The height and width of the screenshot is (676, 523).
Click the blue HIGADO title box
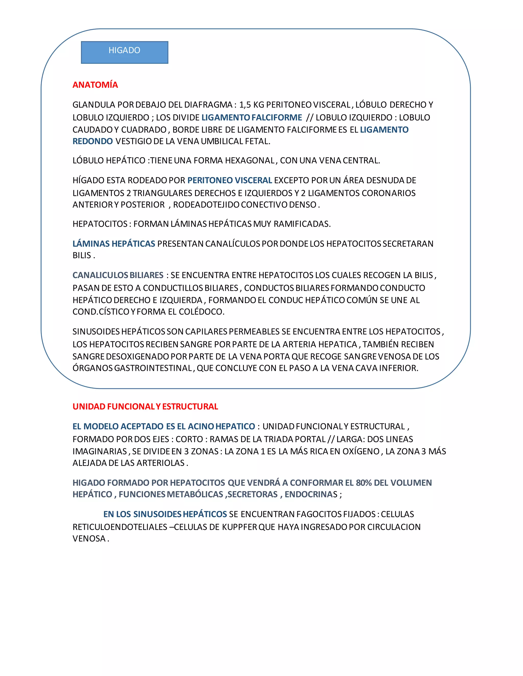click(125, 52)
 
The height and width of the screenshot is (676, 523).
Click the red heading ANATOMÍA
click(95, 85)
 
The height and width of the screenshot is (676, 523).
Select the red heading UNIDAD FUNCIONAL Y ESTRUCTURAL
click(145, 406)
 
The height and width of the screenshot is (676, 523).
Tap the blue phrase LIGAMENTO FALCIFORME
click(252, 117)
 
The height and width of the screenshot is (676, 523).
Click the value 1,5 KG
click(251, 105)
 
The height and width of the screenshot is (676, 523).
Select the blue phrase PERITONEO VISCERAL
click(230, 180)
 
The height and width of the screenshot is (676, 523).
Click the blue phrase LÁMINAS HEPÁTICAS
click(114, 244)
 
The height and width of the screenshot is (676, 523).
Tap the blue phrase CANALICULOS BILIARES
click(118, 275)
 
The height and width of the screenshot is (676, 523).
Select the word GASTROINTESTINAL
click(154, 368)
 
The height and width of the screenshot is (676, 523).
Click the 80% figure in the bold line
click(363, 483)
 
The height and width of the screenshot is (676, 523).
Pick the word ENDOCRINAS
click(311, 494)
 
